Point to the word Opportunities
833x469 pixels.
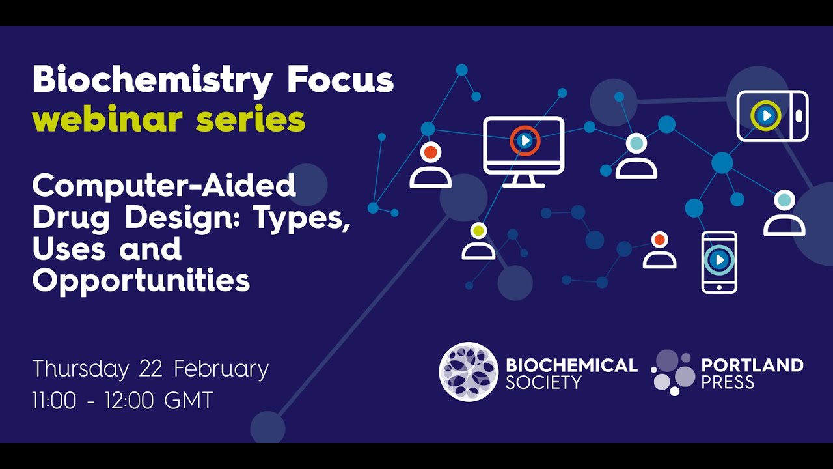[141, 281]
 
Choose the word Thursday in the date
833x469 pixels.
[81, 369]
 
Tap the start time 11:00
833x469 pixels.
[54, 401]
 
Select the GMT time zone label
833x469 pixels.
[189, 401]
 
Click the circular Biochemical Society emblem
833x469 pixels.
[469, 371]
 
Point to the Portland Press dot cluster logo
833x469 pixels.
[673, 373]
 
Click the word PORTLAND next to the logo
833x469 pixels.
[752, 365]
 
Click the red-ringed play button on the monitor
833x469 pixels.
[525, 141]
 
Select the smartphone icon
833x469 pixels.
[719, 262]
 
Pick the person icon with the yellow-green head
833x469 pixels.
[478, 241]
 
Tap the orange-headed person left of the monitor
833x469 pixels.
[430, 165]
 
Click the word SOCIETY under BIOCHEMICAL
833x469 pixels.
[543, 382]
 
